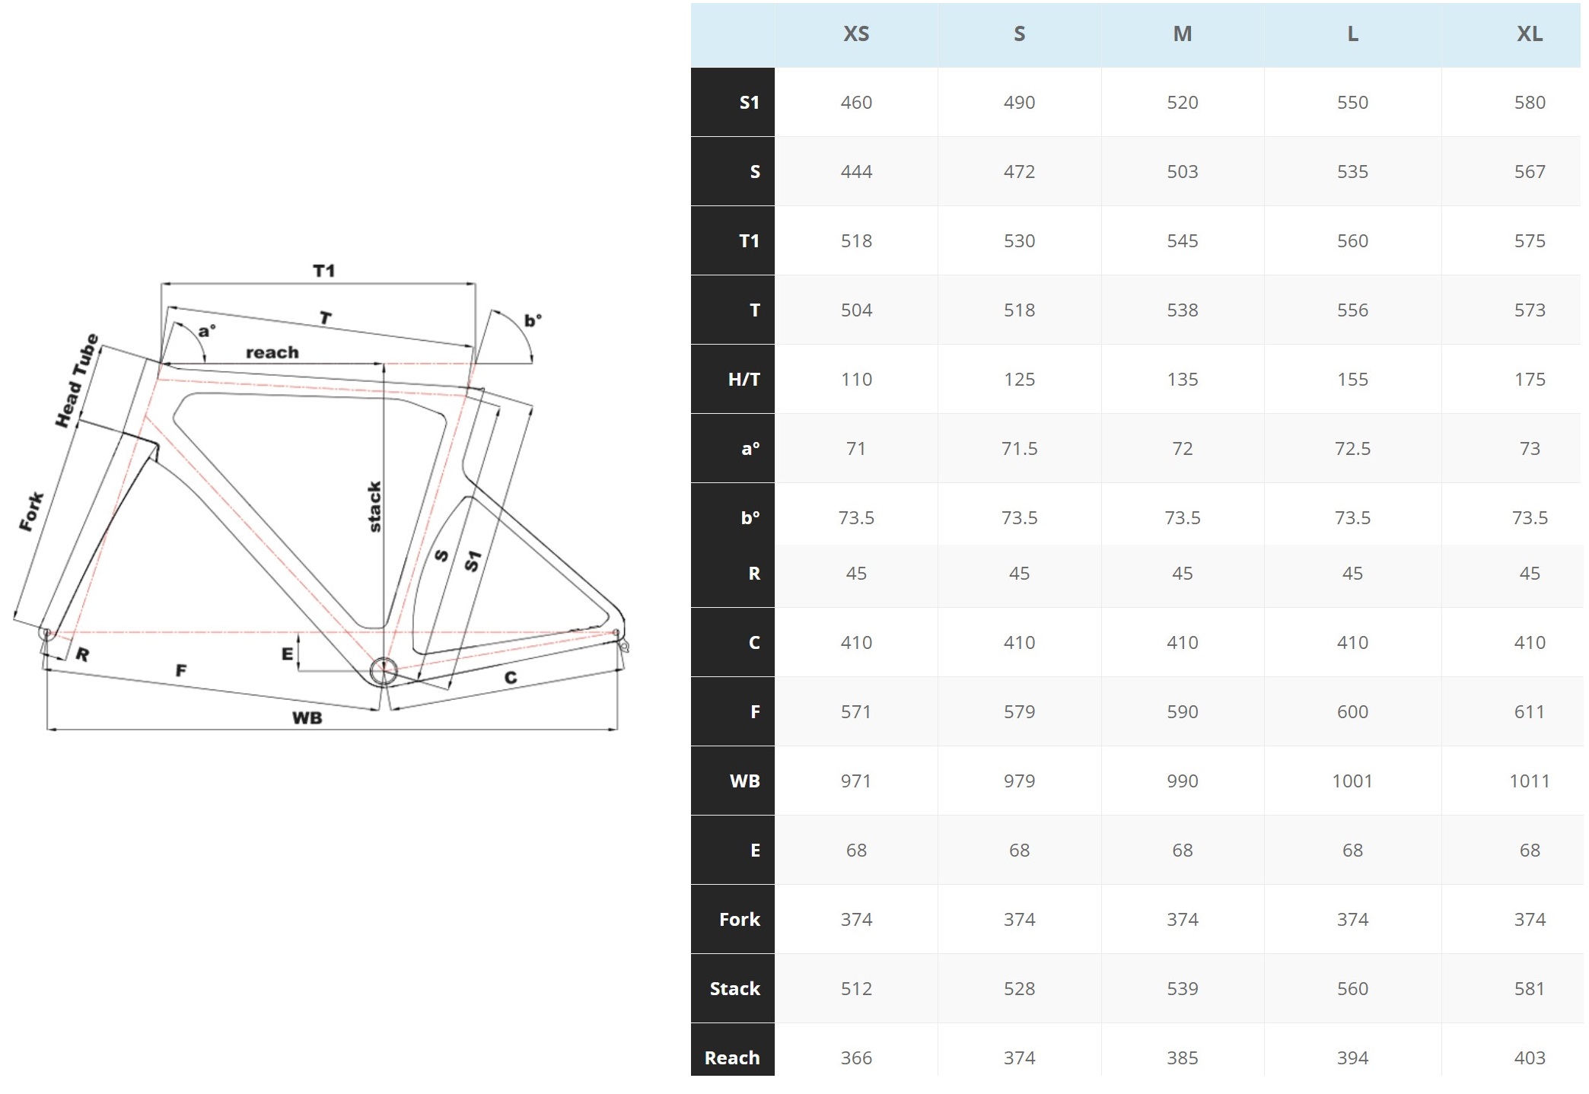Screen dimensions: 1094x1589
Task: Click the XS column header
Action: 856,34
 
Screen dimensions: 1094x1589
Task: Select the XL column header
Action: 1529,34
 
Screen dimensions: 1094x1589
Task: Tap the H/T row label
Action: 744,380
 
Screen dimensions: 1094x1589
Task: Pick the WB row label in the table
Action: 744,781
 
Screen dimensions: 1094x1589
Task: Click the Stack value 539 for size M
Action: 1182,989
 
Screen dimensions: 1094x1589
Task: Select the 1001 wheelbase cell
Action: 1352,781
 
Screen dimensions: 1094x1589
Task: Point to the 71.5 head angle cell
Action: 1019,449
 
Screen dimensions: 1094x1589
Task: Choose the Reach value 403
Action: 1529,1058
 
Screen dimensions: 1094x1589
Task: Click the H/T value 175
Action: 1529,380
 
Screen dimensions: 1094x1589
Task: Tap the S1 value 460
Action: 856,103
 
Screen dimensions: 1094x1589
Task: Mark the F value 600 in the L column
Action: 1352,712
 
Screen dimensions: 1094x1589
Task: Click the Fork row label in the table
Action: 739,920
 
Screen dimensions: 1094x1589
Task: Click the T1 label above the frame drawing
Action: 323,271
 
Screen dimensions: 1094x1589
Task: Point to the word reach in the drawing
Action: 272,353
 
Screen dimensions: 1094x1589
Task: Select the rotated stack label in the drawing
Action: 374,507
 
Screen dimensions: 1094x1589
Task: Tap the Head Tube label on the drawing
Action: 77,380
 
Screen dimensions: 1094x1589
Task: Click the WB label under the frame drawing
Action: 307,718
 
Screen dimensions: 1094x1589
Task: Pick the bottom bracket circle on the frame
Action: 384,672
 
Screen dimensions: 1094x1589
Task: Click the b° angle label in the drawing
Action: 532,320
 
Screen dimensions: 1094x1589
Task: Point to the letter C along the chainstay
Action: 510,677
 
